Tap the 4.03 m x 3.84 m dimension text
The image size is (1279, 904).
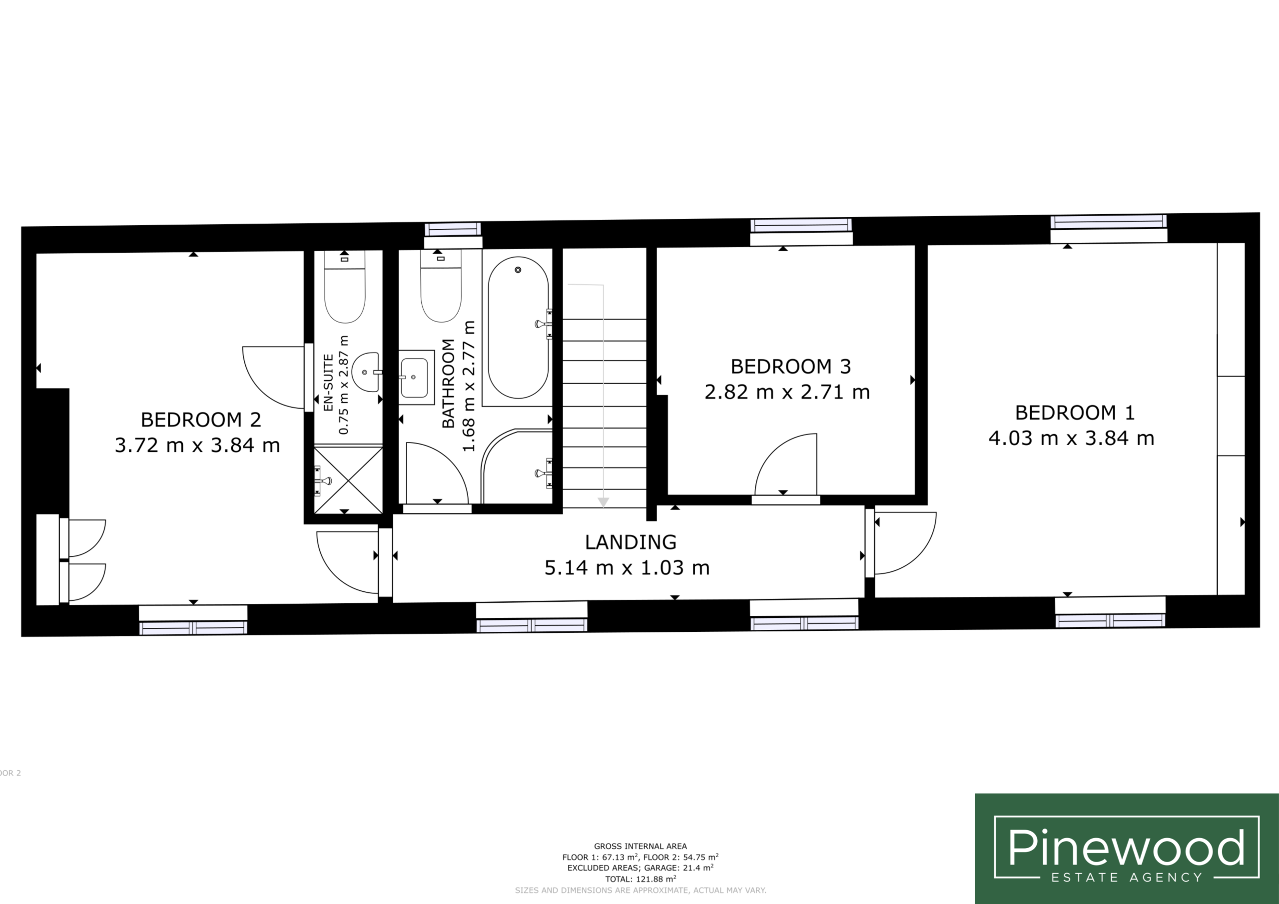click(x=1071, y=439)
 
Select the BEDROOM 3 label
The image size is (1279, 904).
click(x=790, y=367)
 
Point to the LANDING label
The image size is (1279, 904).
click(x=631, y=542)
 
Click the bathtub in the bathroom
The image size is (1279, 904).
click(x=518, y=328)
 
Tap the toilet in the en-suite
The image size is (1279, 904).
click(x=345, y=287)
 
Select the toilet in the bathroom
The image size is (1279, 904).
click(x=441, y=286)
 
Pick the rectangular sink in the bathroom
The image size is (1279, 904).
click(x=416, y=377)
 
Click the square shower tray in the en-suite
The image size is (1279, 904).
click(x=348, y=479)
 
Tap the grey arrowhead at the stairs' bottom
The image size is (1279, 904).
click(x=603, y=502)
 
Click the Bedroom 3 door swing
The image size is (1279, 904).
click(x=786, y=464)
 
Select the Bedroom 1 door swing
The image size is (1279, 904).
click(x=905, y=543)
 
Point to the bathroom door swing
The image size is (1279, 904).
click(x=437, y=473)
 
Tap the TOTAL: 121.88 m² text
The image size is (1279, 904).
click(x=640, y=879)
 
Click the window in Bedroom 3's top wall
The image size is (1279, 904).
click(x=801, y=226)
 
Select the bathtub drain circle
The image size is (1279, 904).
click(x=518, y=270)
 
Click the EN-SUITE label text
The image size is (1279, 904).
click(x=329, y=382)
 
